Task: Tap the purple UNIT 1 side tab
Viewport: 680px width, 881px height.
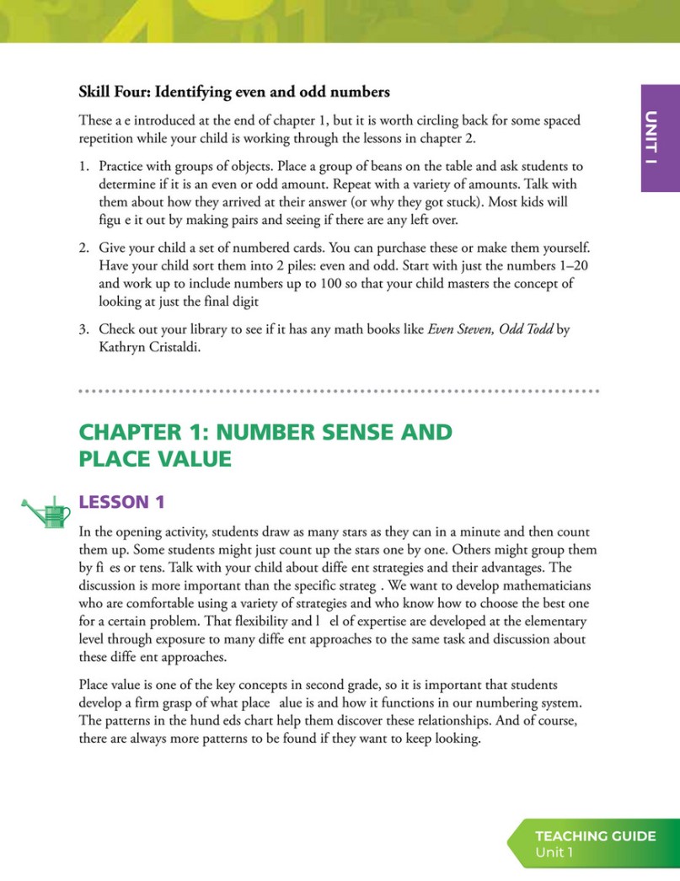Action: pyautogui.click(x=660, y=138)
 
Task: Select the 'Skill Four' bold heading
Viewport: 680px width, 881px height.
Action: pyautogui.click(x=234, y=91)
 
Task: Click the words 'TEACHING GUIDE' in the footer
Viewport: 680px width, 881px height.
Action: pyautogui.click(x=595, y=836)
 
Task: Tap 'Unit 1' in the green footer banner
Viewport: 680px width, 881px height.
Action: pyautogui.click(x=554, y=853)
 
